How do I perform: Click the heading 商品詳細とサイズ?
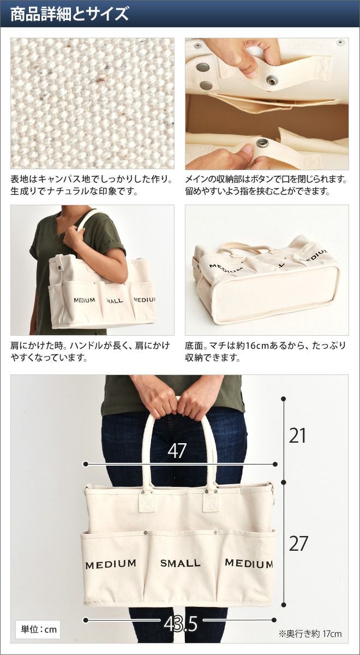(x=70, y=14)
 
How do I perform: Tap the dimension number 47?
(x=177, y=451)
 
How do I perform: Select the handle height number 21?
(x=297, y=436)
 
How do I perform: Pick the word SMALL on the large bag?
(x=181, y=563)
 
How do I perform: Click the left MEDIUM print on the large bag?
(x=111, y=564)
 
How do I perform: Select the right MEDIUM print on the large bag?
(x=249, y=563)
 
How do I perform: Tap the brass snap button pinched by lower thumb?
(x=261, y=142)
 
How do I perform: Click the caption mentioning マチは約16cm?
(x=265, y=351)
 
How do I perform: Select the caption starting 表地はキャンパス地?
(x=91, y=185)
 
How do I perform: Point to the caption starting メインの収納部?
(x=266, y=185)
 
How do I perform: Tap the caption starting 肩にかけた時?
(x=91, y=351)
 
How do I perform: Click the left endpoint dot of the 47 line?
(x=86, y=464)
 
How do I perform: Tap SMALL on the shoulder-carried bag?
(x=114, y=300)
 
